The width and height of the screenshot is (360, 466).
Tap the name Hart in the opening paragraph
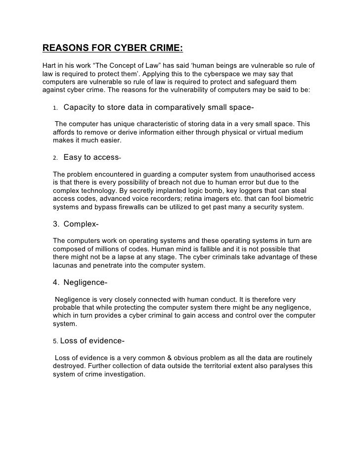50,66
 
